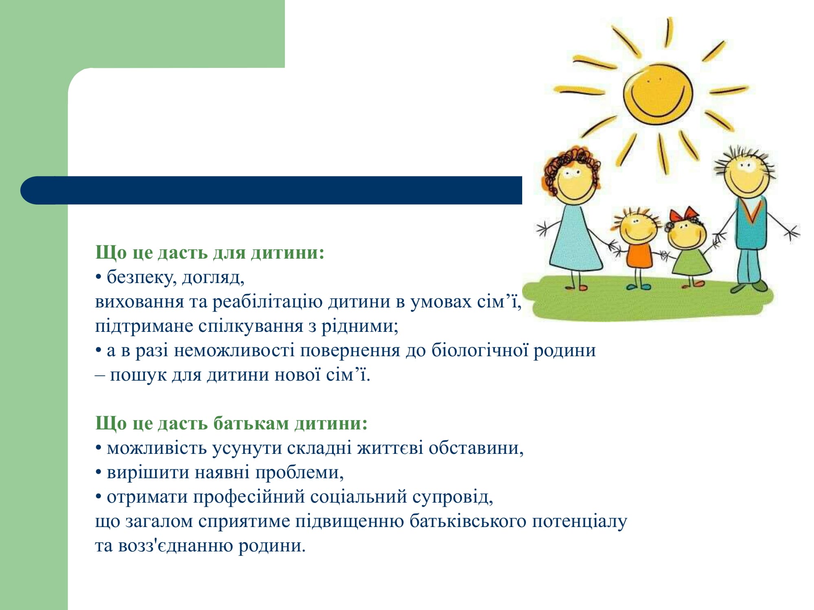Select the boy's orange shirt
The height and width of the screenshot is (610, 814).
[639, 255]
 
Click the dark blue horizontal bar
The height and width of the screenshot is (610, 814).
[271, 190]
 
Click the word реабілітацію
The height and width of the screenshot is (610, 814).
[267, 302]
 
